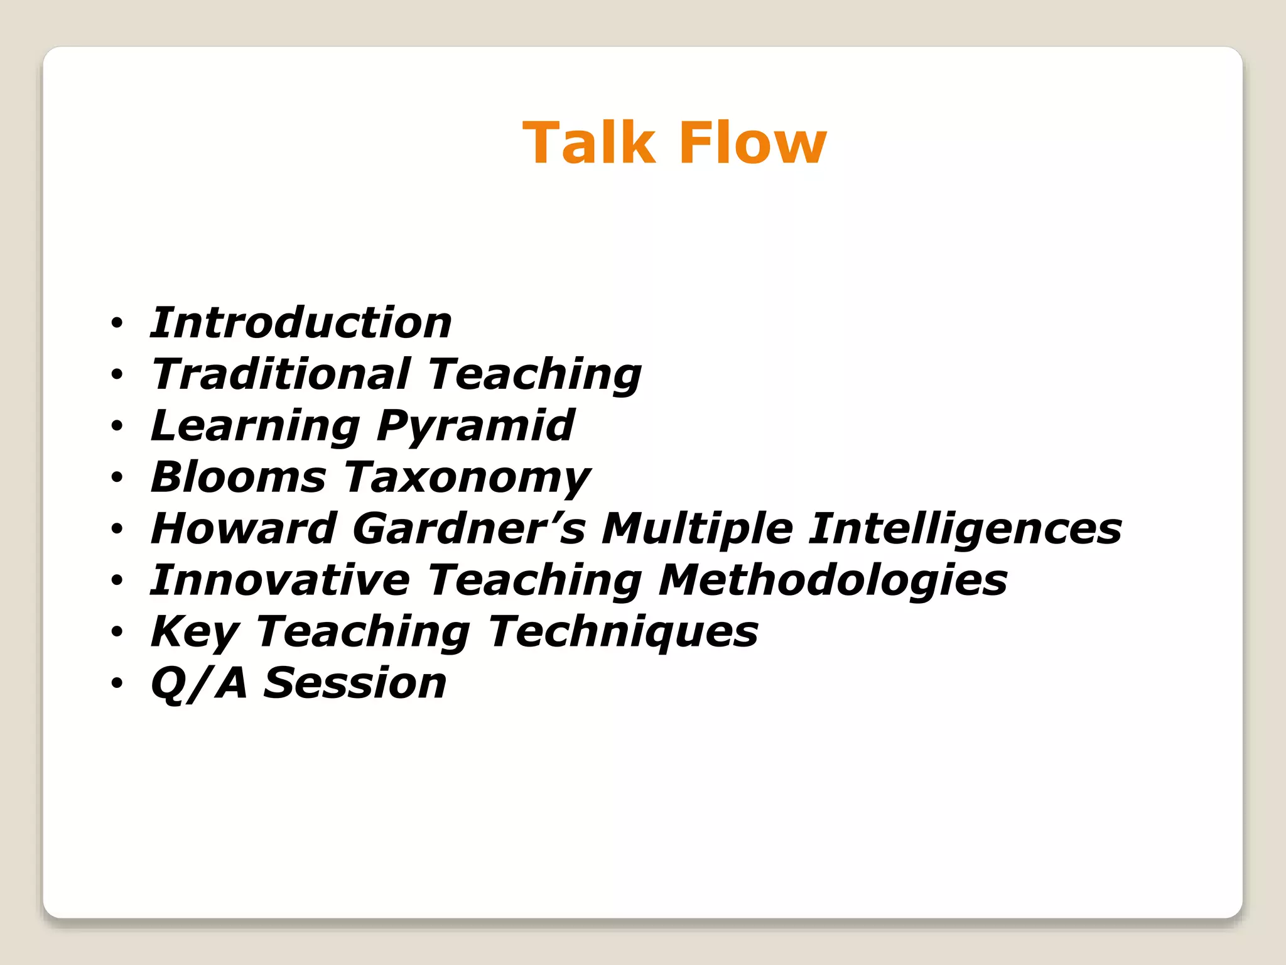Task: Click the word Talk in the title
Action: (x=589, y=143)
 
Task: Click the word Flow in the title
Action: (x=752, y=143)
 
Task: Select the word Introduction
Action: (x=301, y=323)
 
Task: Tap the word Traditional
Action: (x=281, y=374)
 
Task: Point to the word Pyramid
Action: (x=475, y=426)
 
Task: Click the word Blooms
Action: (x=239, y=477)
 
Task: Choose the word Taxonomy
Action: (x=467, y=477)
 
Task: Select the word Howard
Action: (x=244, y=529)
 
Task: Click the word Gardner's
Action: (x=468, y=529)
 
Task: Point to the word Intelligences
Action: (x=964, y=529)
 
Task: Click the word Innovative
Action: (x=280, y=581)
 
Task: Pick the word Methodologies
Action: (x=833, y=581)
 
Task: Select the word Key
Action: (x=195, y=632)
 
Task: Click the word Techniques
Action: (x=623, y=632)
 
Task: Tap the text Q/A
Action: (x=198, y=684)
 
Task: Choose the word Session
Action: (x=355, y=684)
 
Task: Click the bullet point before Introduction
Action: (x=117, y=324)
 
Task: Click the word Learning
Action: (x=255, y=426)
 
